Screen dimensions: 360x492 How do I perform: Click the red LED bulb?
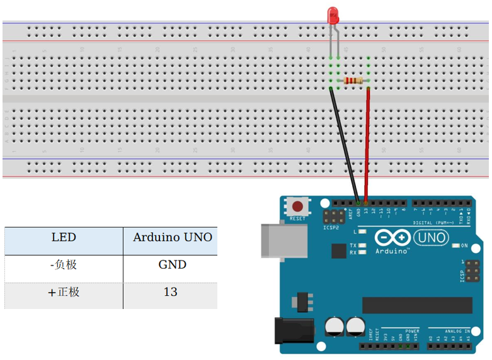[333, 16]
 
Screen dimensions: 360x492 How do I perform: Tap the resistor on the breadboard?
[353, 81]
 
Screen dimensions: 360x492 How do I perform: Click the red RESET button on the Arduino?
[297, 206]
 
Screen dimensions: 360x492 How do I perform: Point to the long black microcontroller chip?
[417, 305]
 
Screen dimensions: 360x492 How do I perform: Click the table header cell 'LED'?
[64, 238]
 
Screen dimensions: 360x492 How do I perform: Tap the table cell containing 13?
[170, 293]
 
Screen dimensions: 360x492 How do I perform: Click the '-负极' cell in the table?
[64, 265]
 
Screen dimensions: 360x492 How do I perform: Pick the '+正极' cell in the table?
[64, 293]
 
